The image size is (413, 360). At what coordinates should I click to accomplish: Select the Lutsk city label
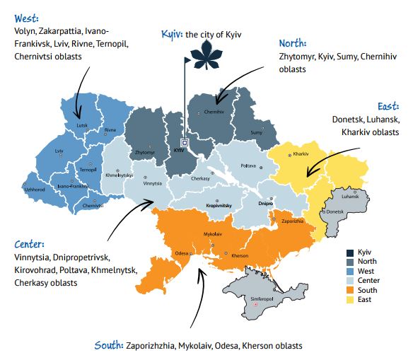(82, 124)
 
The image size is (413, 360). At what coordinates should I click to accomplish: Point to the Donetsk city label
(335, 211)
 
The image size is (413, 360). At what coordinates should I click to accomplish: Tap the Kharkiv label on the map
(301, 153)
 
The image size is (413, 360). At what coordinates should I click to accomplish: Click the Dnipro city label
(265, 203)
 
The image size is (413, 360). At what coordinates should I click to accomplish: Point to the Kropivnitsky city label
(220, 206)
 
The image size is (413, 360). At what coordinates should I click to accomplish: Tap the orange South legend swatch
(350, 290)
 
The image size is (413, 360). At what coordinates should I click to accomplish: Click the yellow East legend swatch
(350, 299)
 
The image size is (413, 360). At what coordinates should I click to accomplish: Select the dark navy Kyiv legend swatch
(350, 252)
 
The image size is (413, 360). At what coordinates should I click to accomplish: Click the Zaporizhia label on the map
(292, 221)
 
